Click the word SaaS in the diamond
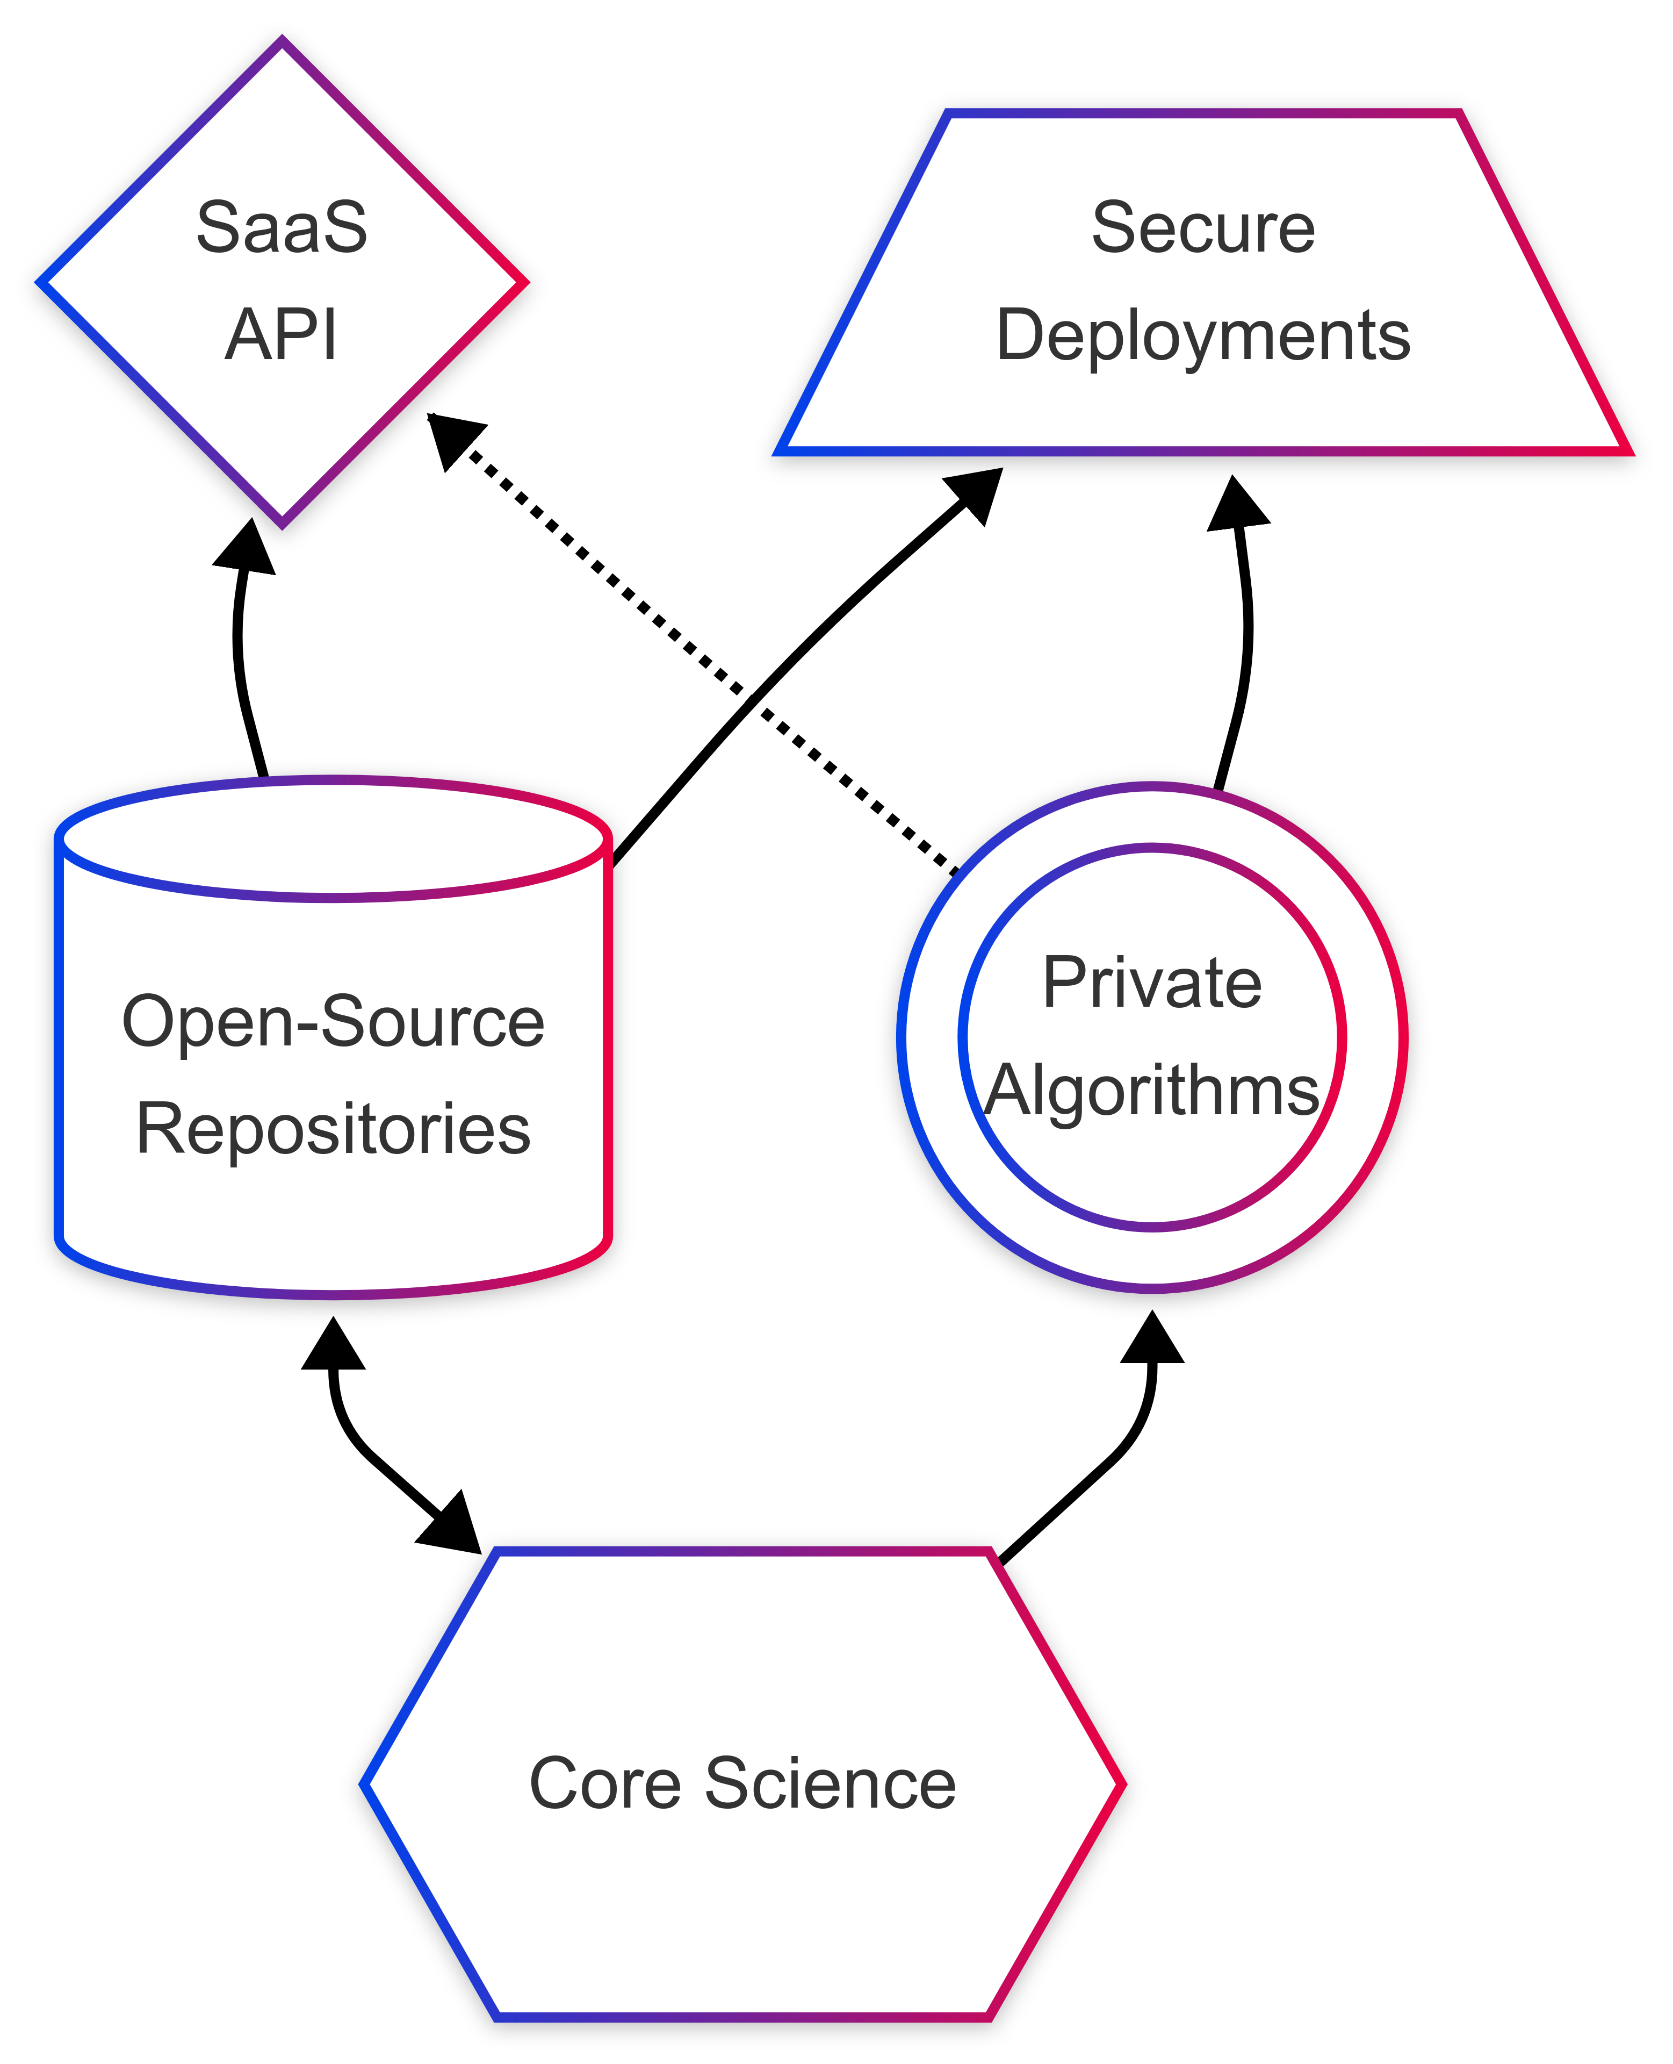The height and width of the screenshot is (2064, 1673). point(282,228)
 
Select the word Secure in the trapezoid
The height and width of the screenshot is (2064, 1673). point(1203,228)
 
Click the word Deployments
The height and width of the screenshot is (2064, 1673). point(1203,335)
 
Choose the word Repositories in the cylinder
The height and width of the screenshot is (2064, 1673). point(334,1129)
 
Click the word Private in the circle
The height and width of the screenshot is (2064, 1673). point(1152,983)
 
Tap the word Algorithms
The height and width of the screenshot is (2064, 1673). point(1152,1091)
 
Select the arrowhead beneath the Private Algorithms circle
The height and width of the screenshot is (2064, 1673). point(1152,1338)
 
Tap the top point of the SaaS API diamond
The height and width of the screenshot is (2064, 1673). point(283,40)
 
